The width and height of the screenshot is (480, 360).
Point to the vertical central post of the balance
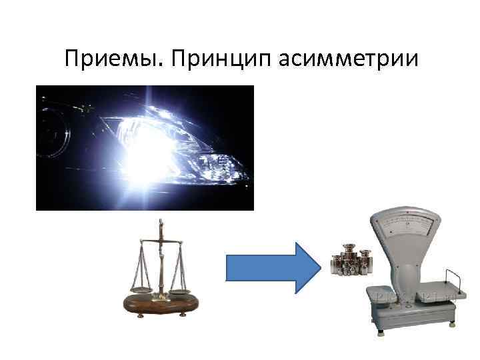click(159, 260)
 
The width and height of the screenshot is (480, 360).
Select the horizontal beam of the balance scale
click(159, 239)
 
